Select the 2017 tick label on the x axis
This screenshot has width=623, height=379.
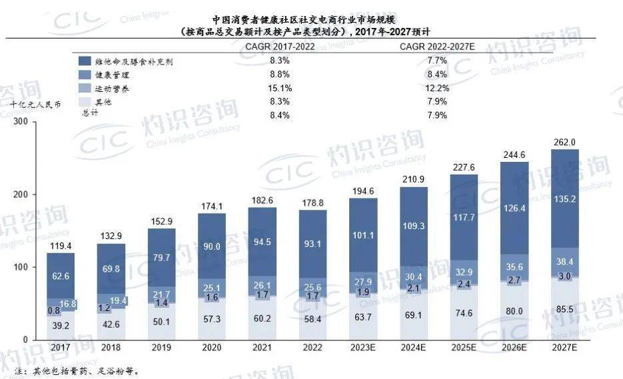pyautogui.click(x=60, y=348)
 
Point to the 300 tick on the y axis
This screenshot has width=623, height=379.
pyautogui.click(x=19, y=122)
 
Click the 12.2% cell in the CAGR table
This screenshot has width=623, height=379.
pyautogui.click(x=438, y=87)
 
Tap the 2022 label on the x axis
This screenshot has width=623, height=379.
pyautogui.click(x=312, y=348)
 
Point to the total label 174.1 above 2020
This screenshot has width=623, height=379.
pyautogui.click(x=211, y=206)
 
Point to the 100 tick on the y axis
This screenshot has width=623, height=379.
pyautogui.click(x=19, y=267)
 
